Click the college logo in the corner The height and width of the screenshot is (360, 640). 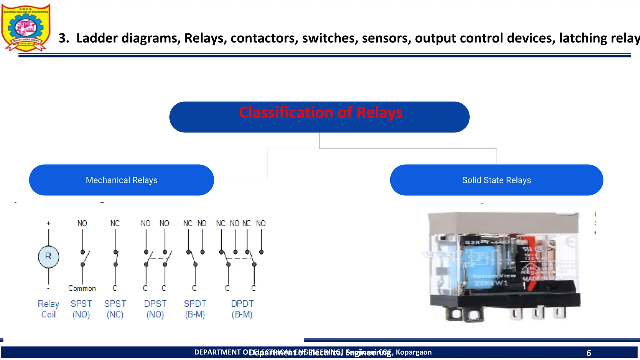[26, 27]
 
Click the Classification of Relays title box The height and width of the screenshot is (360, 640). [319, 117]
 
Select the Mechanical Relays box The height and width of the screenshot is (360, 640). [122, 180]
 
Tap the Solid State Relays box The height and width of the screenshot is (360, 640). [496, 180]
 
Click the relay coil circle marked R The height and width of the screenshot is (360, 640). [48, 257]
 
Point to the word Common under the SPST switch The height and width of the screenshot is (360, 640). [82, 288]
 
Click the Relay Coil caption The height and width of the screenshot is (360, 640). [48, 309]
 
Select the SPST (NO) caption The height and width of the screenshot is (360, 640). [81, 309]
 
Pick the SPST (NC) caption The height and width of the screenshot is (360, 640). [115, 309]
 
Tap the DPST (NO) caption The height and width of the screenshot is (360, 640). [155, 309]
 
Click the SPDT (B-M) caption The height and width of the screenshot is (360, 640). [195, 309]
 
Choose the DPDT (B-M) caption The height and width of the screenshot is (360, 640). [242, 309]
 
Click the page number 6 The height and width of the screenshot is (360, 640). [589, 353]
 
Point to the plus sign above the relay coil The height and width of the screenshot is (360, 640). [48, 223]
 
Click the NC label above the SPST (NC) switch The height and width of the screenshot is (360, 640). [115, 223]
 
